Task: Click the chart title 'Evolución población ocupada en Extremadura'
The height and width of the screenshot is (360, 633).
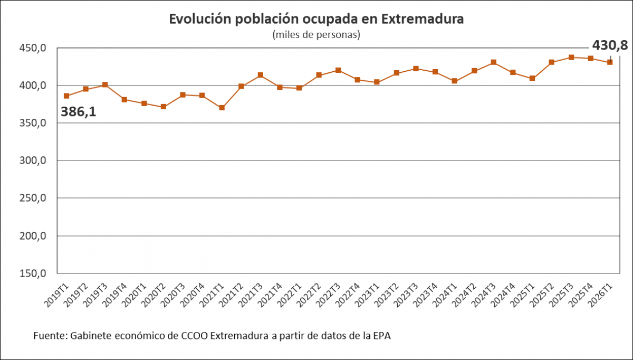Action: coord(316,19)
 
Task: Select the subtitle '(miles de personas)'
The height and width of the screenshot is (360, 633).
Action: coord(316,35)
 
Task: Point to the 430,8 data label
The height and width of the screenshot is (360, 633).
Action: coord(610,45)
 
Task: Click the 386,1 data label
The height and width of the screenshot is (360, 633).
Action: coord(79,112)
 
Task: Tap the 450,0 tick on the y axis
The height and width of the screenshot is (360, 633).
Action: coord(33,48)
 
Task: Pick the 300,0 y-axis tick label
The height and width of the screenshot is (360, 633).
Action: coord(33,160)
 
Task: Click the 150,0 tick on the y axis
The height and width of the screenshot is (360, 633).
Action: coord(33,273)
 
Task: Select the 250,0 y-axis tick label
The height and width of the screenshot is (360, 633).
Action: coord(33,198)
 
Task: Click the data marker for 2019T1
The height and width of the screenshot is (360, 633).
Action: coord(66,96)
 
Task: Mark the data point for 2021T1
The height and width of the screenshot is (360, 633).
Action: coord(222,108)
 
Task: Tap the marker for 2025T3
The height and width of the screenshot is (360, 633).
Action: coord(571,57)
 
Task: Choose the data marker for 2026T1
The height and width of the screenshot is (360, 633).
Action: coord(610,62)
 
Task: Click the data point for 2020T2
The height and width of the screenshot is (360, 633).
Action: coord(164,107)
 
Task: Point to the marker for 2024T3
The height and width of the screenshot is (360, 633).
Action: coord(494,62)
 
